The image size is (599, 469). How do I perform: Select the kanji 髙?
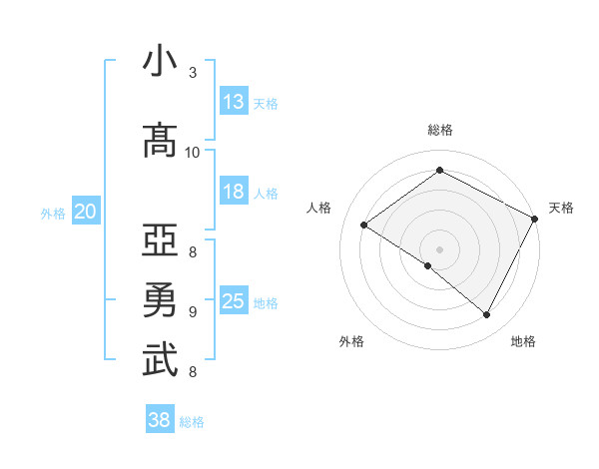[160, 140]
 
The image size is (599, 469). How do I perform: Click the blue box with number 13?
[234, 102]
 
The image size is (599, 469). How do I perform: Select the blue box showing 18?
[234, 192]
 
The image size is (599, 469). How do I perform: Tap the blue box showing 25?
[234, 301]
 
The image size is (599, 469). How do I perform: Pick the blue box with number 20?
[85, 212]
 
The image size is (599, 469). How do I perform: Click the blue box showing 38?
[160, 420]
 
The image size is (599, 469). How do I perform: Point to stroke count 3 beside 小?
[193, 72]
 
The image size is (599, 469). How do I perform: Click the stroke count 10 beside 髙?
[193, 152]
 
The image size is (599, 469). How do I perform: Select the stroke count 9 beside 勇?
[193, 311]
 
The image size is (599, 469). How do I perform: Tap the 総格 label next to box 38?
[192, 422]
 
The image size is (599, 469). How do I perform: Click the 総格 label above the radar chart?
[440, 130]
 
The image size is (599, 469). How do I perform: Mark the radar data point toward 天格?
[535, 220]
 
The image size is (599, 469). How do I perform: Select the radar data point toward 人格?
[364, 226]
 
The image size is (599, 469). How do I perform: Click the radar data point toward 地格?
[487, 315]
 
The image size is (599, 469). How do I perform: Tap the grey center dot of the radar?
[439, 247]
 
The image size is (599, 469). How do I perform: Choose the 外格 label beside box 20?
[53, 213]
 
